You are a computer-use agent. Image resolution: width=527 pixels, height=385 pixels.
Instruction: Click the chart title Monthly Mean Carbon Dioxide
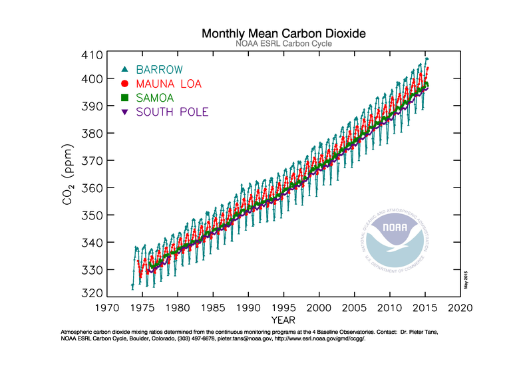coord(283,34)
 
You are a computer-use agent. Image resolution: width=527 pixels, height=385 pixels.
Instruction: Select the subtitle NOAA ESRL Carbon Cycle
coord(283,44)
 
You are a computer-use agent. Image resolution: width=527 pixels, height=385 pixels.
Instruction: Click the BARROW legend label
coord(159,70)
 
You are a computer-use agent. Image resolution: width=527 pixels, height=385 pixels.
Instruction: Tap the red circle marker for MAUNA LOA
coord(124,83)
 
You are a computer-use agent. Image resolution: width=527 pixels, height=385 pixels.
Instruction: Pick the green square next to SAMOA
coord(124,98)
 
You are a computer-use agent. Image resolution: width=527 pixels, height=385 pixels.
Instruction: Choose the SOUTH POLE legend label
coord(172,112)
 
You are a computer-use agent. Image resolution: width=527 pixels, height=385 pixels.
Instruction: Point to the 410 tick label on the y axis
coord(92,55)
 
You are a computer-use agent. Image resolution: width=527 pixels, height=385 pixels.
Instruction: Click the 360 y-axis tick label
coord(92,188)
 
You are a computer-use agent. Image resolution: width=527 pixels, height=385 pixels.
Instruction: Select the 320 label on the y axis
coord(92,293)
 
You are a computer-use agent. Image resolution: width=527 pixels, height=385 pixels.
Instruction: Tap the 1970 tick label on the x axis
coord(107,308)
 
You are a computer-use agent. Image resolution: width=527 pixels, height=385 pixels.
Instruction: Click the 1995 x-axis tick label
coord(283,308)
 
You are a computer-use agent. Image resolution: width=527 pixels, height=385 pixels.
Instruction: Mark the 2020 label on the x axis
coord(460,308)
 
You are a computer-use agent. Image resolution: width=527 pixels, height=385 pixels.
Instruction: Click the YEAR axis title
coord(283,320)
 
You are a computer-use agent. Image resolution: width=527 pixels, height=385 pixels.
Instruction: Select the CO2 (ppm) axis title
coord(68,174)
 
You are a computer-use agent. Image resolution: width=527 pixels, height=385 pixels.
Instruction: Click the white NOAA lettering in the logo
coord(395,227)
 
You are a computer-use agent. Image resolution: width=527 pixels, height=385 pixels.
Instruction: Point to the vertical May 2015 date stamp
coord(466,280)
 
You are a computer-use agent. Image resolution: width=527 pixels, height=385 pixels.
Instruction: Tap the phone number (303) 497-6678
coord(196,338)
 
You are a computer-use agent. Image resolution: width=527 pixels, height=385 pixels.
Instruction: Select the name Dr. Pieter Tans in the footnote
coord(419,332)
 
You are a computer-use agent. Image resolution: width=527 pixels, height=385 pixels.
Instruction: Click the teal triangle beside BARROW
coord(124,69)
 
